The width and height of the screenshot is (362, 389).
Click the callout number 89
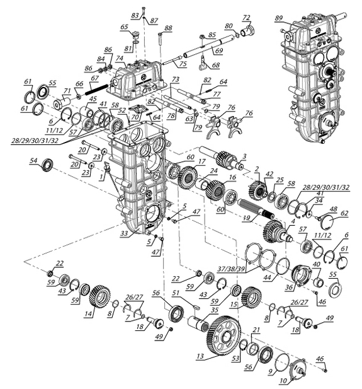pos(278,18)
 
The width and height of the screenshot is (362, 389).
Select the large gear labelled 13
pos(223,335)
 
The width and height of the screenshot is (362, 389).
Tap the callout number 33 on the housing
pos(124,233)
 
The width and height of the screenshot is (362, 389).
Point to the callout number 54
pos(33,161)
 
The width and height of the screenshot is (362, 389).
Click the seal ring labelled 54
pos(47,165)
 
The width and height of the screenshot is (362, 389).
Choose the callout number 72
pos(246,18)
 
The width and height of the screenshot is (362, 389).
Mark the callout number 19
pos(247,218)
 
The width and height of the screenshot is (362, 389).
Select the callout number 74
pos(120,58)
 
